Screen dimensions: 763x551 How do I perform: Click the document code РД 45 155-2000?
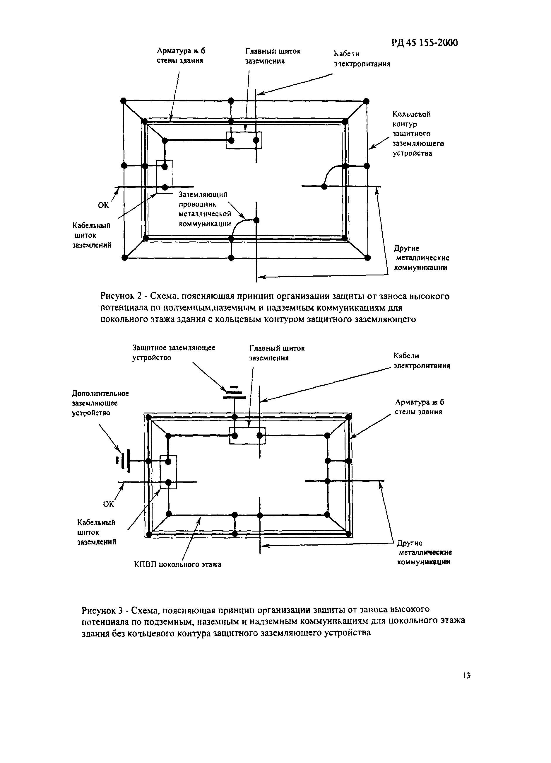tap(424, 43)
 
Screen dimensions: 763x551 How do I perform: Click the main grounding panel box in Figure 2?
tap(244, 140)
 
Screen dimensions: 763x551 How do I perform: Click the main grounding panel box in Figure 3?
tap(247, 436)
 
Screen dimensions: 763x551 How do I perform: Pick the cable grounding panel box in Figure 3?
tap(168, 472)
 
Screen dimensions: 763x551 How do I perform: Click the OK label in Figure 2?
tap(104, 205)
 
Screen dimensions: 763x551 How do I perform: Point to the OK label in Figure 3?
tap(109, 504)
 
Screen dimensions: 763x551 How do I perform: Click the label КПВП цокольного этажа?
tap(177, 564)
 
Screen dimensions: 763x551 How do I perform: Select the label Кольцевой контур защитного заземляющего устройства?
tap(418, 134)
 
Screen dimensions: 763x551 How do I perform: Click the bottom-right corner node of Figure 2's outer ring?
tap(367, 258)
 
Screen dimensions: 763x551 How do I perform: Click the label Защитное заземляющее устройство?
tap(174, 352)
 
